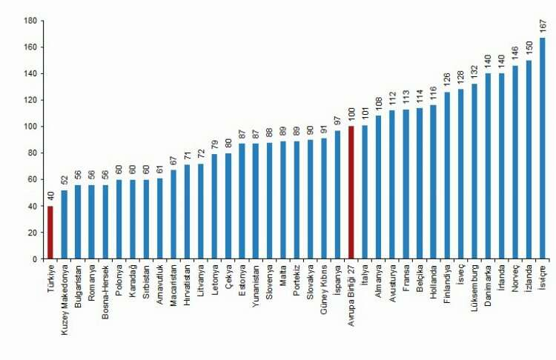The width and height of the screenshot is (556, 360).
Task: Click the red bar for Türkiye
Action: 50,233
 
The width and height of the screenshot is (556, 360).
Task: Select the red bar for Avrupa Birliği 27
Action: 351,193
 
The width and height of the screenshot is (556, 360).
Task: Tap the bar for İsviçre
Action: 543,148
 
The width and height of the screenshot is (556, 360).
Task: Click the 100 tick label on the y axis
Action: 27,127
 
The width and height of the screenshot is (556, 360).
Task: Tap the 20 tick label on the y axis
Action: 30,233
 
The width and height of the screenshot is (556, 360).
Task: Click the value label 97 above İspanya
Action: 338,121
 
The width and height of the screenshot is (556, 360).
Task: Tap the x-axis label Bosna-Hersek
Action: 105,292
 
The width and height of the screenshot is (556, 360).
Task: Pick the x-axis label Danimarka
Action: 488,290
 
